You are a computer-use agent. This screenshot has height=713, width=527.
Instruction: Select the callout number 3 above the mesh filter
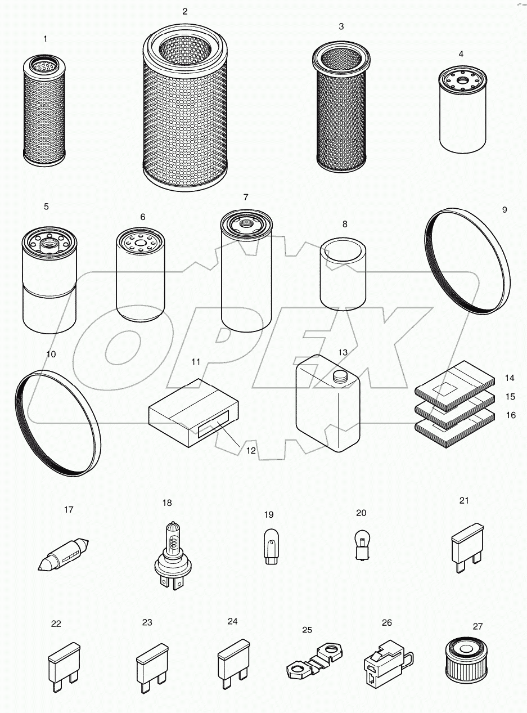coord(341,26)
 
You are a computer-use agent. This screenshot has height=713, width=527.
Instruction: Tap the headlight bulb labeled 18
coord(171,554)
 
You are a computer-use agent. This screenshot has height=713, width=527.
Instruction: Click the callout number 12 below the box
coord(251,451)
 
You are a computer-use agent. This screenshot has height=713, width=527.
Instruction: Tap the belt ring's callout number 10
coord(51,354)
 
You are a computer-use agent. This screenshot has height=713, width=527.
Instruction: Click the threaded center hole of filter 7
coord(246,223)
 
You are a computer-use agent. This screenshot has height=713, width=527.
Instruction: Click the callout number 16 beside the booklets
coord(510,415)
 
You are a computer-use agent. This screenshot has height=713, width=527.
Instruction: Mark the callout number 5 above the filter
coord(46,207)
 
